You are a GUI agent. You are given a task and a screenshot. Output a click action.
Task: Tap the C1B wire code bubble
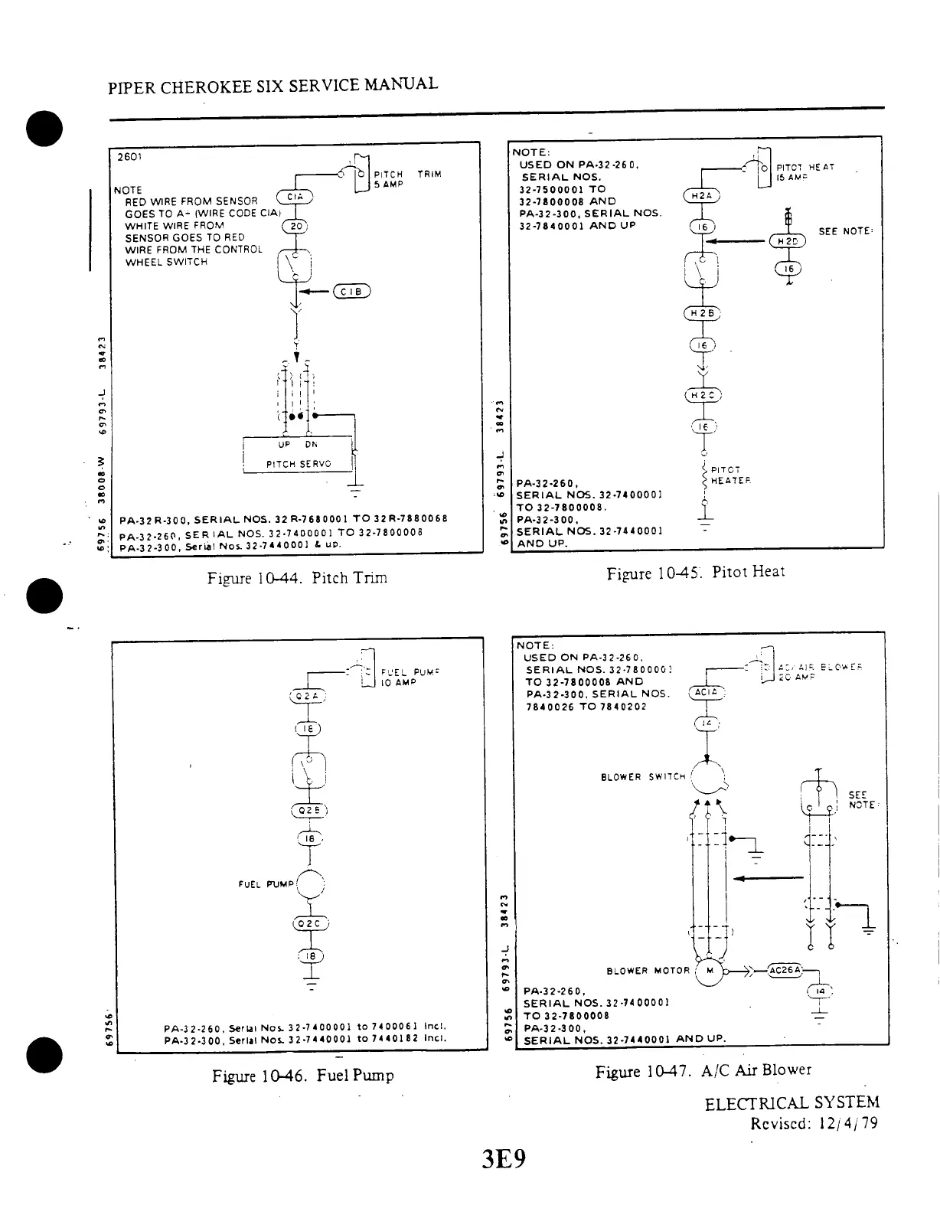pos(353,291)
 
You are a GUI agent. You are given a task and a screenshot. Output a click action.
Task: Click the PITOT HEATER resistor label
pos(731,475)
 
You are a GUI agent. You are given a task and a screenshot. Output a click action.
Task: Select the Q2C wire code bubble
pos(309,923)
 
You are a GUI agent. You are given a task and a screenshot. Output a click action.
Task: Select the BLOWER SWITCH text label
pos(643,777)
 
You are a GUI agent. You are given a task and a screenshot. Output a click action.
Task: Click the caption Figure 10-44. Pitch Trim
pos(297,578)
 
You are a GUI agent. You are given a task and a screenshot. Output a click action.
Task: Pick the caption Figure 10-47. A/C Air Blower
pos(703,1070)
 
